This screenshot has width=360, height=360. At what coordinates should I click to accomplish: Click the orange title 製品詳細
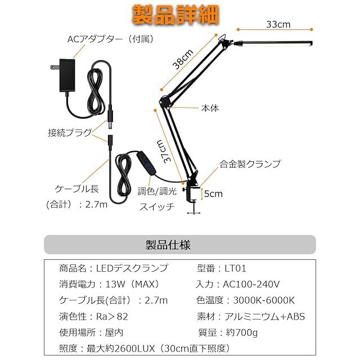tap(176, 15)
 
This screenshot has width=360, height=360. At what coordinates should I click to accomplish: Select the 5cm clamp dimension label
tap(213, 194)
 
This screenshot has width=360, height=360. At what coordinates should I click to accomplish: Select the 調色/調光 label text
tap(157, 191)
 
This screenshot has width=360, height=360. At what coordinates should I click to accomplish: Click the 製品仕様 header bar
tap(180, 245)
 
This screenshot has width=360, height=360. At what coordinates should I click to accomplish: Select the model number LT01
tap(236, 269)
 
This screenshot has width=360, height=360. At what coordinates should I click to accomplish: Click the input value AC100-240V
tap(252, 285)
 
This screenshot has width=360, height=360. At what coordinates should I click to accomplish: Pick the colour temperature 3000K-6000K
tap(259, 300)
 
